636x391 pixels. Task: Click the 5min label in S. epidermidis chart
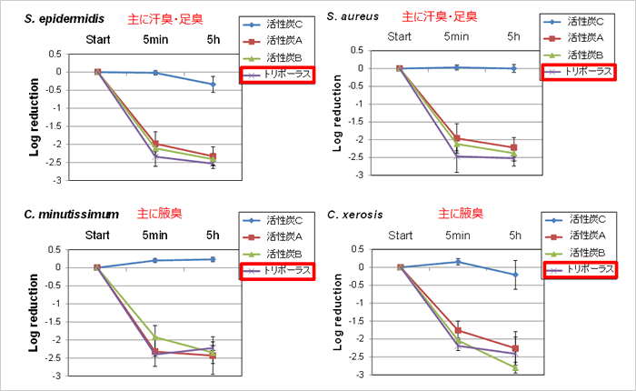(155, 39)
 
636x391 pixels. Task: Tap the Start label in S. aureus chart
(399, 35)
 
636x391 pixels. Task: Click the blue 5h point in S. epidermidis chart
(214, 85)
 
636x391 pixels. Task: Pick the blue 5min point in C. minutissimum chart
(155, 260)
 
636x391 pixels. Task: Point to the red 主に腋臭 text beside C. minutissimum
(159, 215)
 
